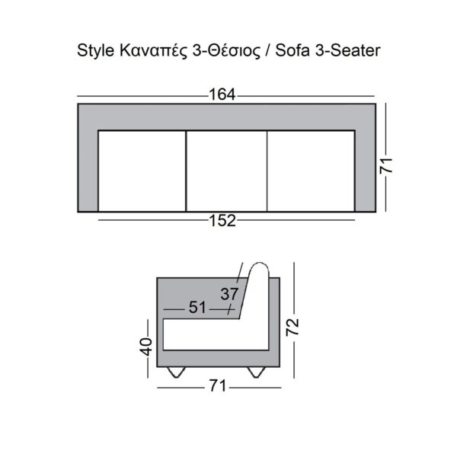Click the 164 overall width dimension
(x=223, y=96)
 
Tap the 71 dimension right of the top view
(x=387, y=168)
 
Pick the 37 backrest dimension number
(x=230, y=293)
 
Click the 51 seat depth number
(x=198, y=308)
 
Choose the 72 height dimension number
(x=293, y=328)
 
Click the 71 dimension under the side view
(x=219, y=388)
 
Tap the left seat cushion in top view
(x=143, y=171)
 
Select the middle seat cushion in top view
(x=227, y=171)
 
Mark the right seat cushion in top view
(x=311, y=171)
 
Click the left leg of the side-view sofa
(x=177, y=372)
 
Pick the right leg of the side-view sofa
(x=256, y=372)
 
